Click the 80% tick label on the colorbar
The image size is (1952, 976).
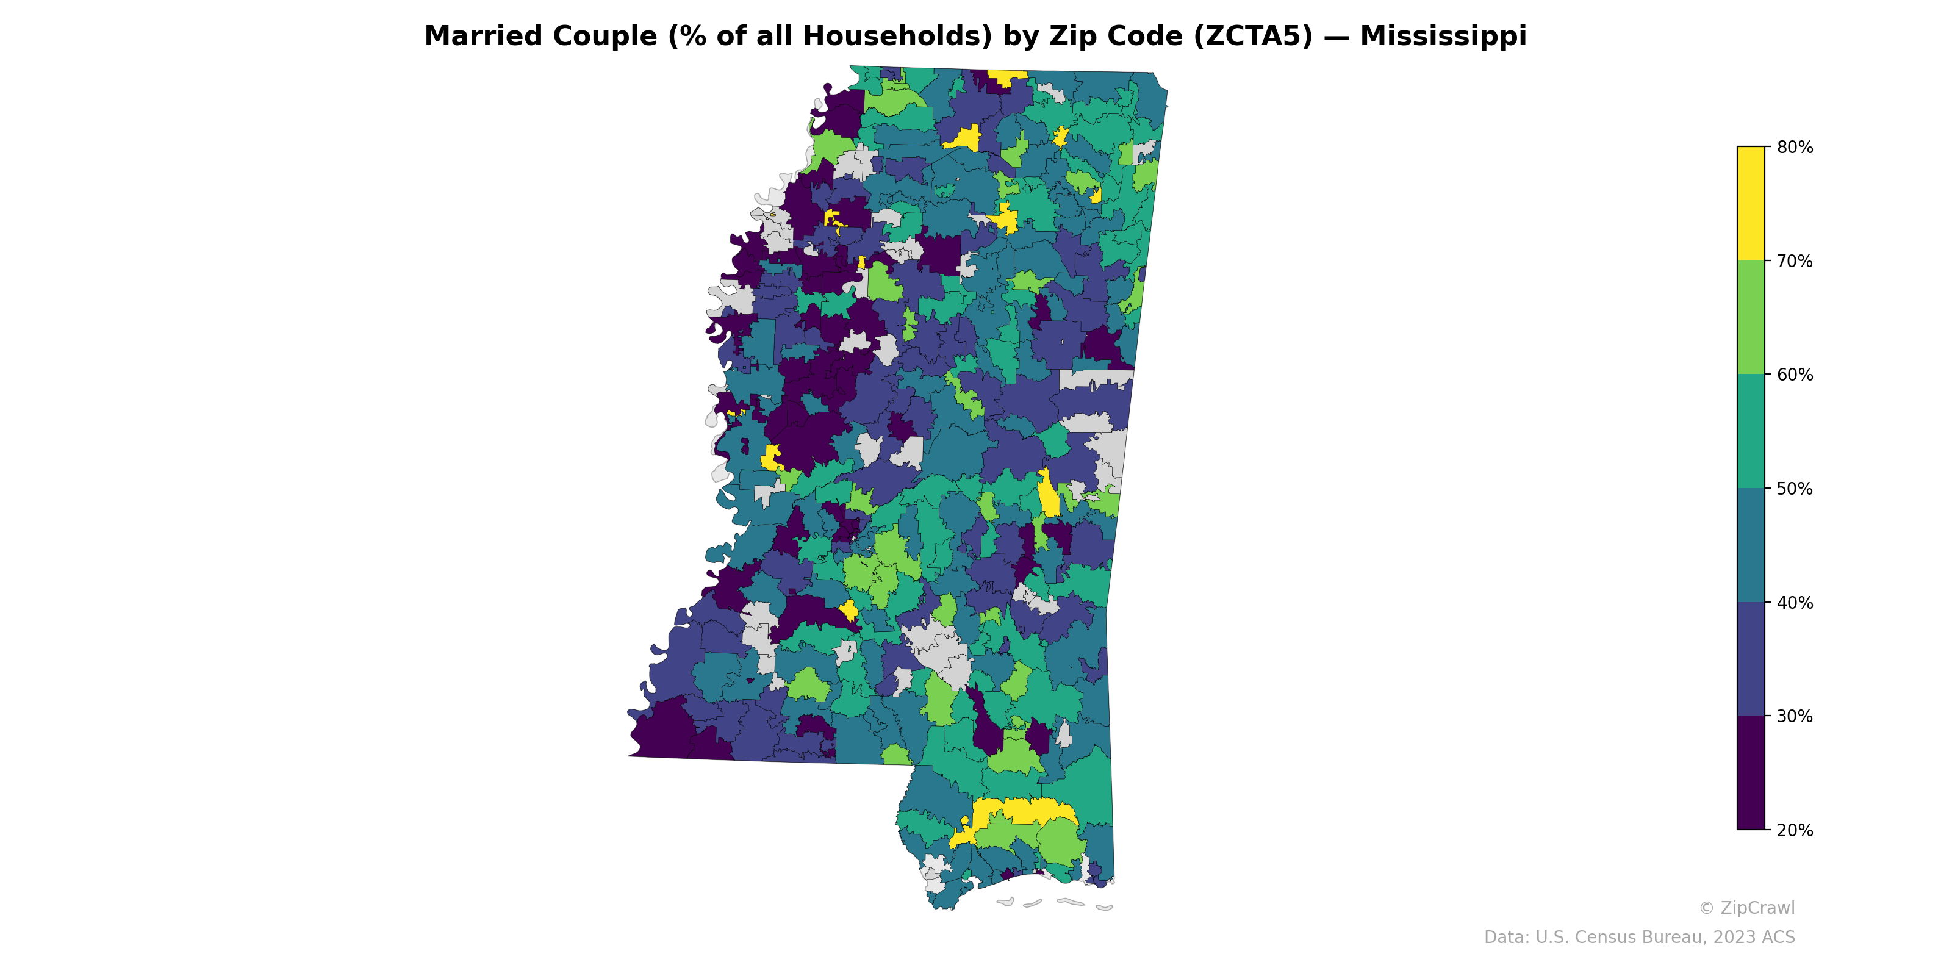(x=1795, y=148)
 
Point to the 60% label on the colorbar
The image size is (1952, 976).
(x=1795, y=375)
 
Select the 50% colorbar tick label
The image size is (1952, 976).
(x=1795, y=489)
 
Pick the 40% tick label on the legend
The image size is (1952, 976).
(x=1795, y=603)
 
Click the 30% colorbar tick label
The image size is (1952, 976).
(x=1795, y=717)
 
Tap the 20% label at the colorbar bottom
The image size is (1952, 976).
(x=1795, y=830)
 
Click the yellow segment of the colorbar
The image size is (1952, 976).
(x=1751, y=203)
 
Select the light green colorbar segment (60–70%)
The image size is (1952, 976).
(x=1751, y=317)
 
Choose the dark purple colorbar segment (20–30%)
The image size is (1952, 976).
(x=1751, y=773)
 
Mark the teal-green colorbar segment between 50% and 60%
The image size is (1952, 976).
(x=1751, y=431)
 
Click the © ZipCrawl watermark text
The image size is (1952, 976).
(x=1746, y=908)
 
